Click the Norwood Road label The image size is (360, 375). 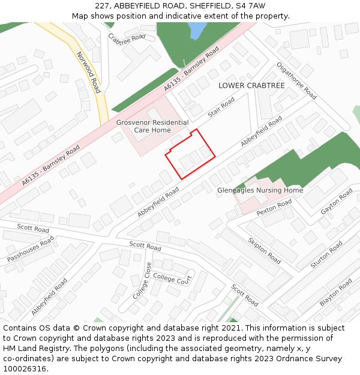(x=88, y=72)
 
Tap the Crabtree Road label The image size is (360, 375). (x=127, y=37)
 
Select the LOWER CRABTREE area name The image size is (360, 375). (x=251, y=86)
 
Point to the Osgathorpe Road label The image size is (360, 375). (x=296, y=81)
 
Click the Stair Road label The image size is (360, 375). (x=221, y=108)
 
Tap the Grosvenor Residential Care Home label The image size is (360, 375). (x=152, y=126)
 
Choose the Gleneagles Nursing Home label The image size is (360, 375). (x=260, y=191)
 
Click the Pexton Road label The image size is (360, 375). (x=274, y=208)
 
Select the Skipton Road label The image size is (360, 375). (x=264, y=250)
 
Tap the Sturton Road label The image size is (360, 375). (x=326, y=255)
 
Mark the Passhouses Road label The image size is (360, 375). (x=31, y=248)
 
